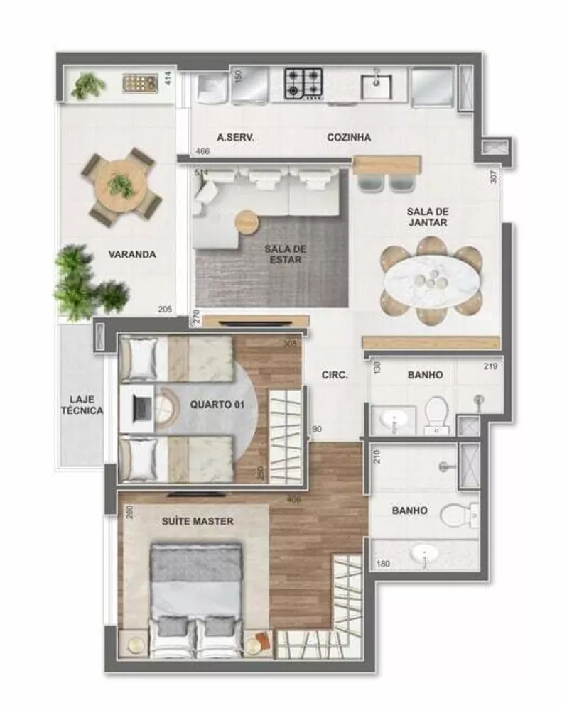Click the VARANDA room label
[132, 255]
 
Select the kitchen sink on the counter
[377, 86]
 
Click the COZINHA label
[348, 137]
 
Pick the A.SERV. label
[235, 137]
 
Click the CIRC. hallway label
[335, 376]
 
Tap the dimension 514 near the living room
[202, 173]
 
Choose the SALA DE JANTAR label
[426, 217]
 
